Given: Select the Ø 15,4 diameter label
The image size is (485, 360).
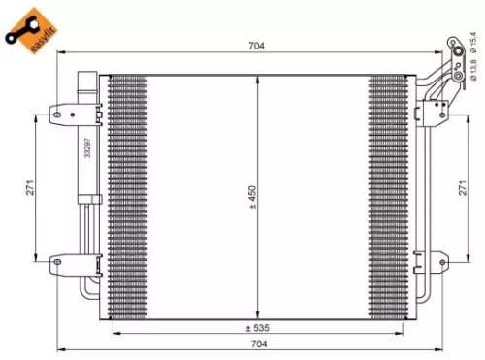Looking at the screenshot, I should point(474,48).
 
